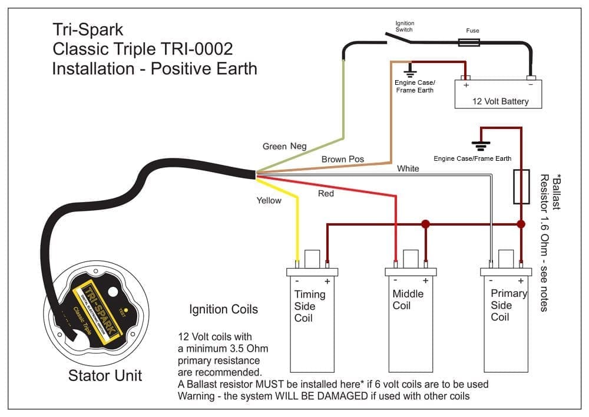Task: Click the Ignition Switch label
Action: point(404,26)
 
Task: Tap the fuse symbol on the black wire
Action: point(469,42)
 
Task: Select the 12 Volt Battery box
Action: point(498,94)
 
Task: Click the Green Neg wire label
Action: point(284,146)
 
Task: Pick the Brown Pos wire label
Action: point(343,159)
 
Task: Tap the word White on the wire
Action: point(408,168)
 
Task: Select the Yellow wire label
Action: point(269,200)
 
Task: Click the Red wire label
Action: point(326,193)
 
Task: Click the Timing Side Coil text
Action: point(310,306)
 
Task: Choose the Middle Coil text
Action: point(408,299)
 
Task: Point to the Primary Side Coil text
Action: point(508,305)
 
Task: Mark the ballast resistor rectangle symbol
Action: point(521,187)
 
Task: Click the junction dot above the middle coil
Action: point(425,224)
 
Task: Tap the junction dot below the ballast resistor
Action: point(521,224)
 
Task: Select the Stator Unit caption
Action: point(105,375)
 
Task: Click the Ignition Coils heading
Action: point(223,309)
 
